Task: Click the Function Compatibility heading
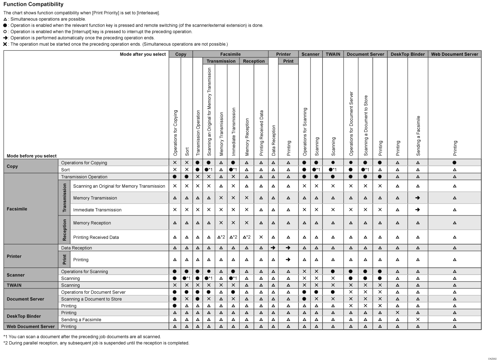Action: [33, 4]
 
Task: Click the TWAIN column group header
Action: [333, 54]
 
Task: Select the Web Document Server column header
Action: [454, 54]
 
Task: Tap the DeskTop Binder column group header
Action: [408, 54]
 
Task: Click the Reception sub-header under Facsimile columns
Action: [254, 61]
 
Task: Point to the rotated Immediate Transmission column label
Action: [234, 132]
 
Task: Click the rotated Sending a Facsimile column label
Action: [418, 135]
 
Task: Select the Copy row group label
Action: [12, 166]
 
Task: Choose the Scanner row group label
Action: [16, 275]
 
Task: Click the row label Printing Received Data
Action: [96, 237]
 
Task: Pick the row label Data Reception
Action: [77, 248]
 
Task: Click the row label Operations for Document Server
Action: [93, 292]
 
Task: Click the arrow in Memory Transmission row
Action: [418, 198]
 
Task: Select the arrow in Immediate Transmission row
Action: [418, 210]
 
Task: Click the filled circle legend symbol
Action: [5, 26]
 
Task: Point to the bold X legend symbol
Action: [5, 44]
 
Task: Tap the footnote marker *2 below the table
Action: [5, 343]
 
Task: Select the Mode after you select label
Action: [143, 54]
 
